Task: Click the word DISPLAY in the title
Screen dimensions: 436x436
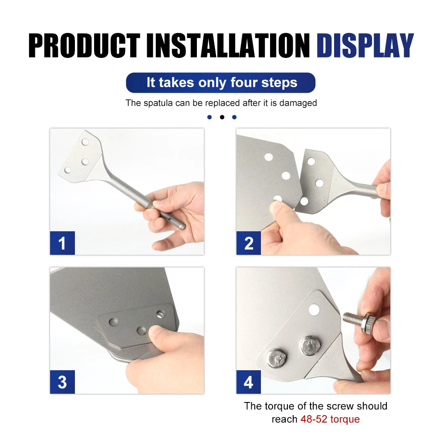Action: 365,45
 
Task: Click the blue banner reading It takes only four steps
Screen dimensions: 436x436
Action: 221,83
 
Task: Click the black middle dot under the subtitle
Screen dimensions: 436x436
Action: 222,117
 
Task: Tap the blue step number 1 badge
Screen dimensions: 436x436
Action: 62,243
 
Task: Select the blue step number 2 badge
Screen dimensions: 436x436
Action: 249,243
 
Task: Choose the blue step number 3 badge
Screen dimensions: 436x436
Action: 62,382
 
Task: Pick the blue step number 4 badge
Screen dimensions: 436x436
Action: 249,382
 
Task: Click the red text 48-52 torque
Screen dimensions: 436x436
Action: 330,419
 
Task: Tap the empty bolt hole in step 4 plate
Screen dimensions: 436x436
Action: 313,310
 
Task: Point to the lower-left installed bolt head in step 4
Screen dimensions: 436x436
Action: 277,358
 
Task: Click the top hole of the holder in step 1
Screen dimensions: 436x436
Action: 85,142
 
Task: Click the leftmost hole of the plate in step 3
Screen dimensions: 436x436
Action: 114,322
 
